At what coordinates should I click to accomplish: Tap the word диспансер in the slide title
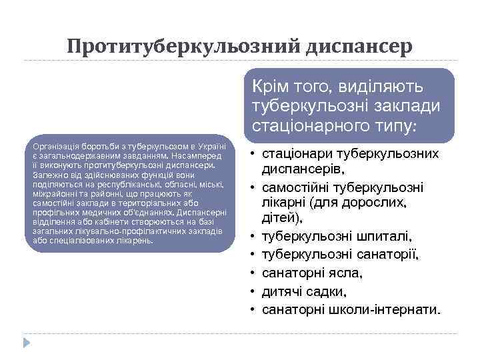[360, 46]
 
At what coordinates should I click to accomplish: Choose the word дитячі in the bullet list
[282, 291]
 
